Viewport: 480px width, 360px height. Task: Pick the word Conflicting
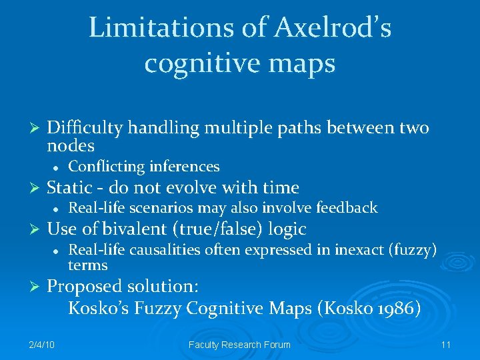coord(107,166)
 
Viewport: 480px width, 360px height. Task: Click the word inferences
coord(184,166)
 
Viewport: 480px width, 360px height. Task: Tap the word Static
coord(69,187)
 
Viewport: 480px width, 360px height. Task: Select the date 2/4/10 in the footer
coord(42,344)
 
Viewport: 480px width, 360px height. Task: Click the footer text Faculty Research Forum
coord(240,344)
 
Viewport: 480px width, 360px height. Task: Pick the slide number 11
coord(446,344)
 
